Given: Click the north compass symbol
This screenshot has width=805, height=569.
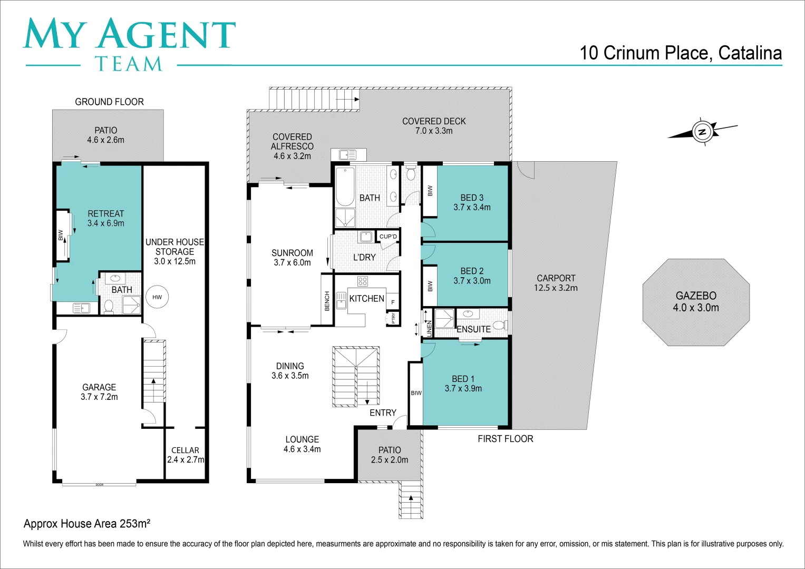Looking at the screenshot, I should pyautogui.click(x=702, y=131).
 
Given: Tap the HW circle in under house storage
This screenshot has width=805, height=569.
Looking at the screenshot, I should pyautogui.click(x=157, y=297).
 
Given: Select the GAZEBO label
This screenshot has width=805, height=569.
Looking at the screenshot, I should pyautogui.click(x=696, y=296).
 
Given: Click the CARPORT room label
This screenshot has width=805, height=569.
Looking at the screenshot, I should pyautogui.click(x=556, y=278).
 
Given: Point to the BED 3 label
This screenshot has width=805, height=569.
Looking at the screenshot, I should pyautogui.click(x=472, y=198).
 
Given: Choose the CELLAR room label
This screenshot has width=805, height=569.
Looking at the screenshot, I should pyautogui.click(x=185, y=450).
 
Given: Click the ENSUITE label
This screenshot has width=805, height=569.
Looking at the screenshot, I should pyautogui.click(x=473, y=329).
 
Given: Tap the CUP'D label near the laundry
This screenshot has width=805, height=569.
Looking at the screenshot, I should pyautogui.click(x=389, y=237).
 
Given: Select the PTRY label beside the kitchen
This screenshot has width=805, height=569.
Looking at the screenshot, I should pyautogui.click(x=393, y=318).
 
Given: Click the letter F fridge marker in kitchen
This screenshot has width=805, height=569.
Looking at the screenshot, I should pyautogui.click(x=393, y=302).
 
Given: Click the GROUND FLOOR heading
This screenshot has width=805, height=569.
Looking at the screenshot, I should pyautogui.click(x=109, y=102).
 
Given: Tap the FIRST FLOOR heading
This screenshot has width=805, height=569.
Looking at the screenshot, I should pyautogui.click(x=505, y=439).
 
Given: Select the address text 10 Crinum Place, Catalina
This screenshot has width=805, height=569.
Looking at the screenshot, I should pyautogui.click(x=681, y=53).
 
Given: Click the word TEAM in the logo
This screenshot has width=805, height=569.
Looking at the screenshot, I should pyautogui.click(x=129, y=64).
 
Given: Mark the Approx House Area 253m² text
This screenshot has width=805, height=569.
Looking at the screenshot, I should pyautogui.click(x=87, y=524).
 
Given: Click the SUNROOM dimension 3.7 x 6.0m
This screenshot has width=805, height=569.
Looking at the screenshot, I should pyautogui.click(x=292, y=262).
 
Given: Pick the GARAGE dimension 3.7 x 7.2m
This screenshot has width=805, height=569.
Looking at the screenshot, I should pyautogui.click(x=99, y=397).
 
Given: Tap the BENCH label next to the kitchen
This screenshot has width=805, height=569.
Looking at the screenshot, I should pyautogui.click(x=327, y=301).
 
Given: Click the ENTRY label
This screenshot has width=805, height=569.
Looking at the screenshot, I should pyautogui.click(x=383, y=413).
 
